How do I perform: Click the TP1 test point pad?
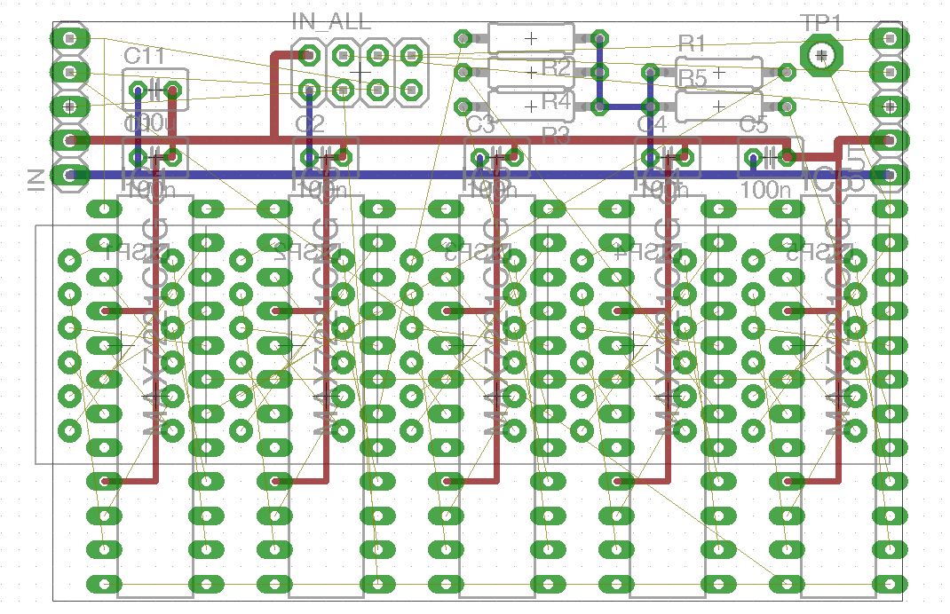coord(822,56)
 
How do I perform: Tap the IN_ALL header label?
coord(331,21)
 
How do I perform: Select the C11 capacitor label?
coord(144,56)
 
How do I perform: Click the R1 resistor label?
coord(691,43)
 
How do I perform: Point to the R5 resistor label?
coord(693,79)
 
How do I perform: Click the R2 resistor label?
coord(556,67)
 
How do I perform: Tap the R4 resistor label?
coord(556,101)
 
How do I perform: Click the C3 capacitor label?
coord(479,124)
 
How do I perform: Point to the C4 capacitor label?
coord(651,124)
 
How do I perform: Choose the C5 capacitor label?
coord(753,124)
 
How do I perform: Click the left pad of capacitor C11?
coord(138,90)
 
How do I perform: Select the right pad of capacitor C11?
coord(172,90)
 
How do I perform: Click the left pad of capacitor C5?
coord(753,159)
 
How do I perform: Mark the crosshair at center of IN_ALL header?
coord(360,72)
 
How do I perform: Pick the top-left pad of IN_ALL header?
coord(309,56)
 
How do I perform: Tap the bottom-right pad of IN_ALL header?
coord(410,90)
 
